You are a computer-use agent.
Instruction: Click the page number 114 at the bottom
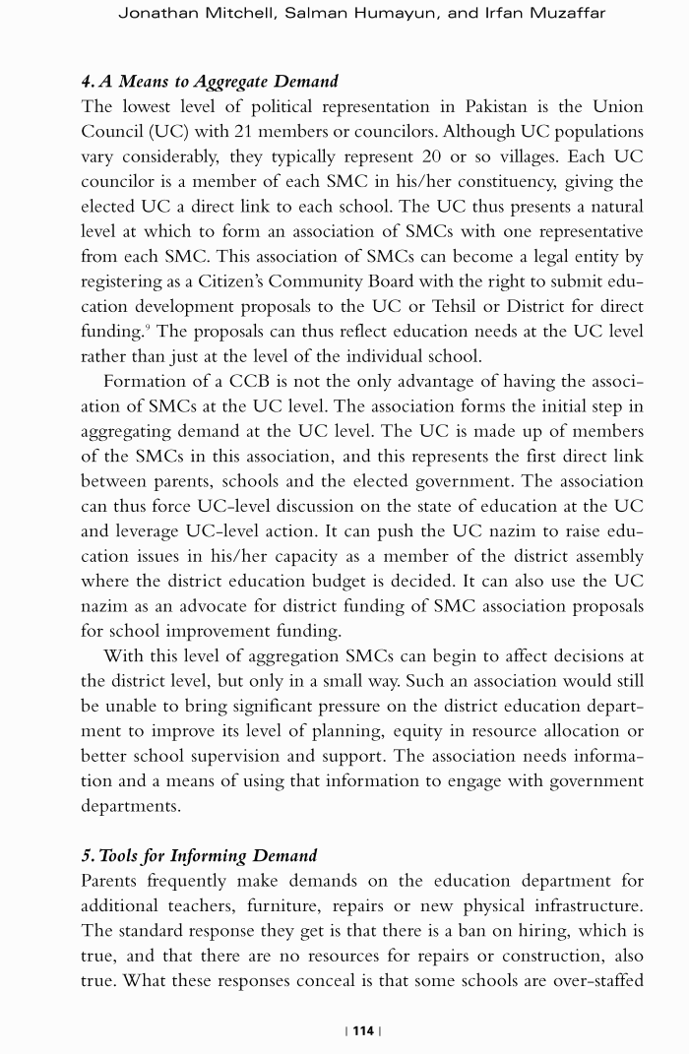363,1030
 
